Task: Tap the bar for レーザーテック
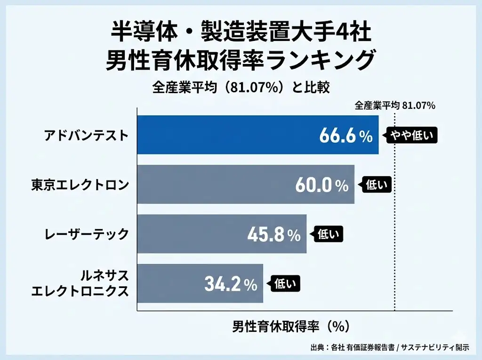pyautogui.click(x=198, y=234)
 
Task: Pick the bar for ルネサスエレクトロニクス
pyautogui.click(x=179, y=283)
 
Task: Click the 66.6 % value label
pyautogui.click(x=346, y=136)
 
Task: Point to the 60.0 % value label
pyautogui.click(x=322, y=185)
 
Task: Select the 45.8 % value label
pyautogui.click(x=274, y=235)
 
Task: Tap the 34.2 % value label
pyautogui.click(x=231, y=284)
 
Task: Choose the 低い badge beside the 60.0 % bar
pyautogui.click(x=376, y=185)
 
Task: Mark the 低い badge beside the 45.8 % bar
pyautogui.click(x=328, y=234)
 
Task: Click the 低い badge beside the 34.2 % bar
pyautogui.click(x=284, y=284)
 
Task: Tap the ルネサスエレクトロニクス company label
pyautogui.click(x=80, y=283)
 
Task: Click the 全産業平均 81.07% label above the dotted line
pyautogui.click(x=395, y=105)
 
